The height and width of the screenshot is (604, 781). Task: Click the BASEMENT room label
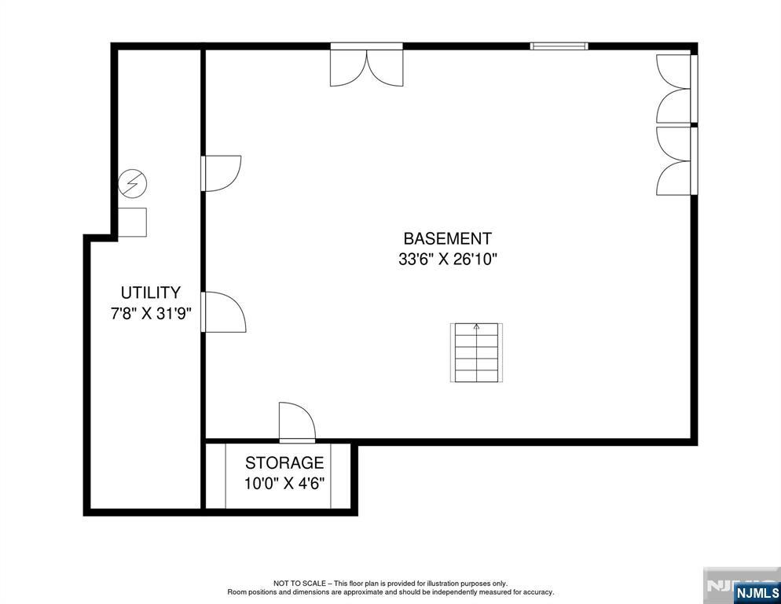tap(447, 239)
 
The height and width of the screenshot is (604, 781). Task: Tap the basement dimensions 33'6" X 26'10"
tap(448, 260)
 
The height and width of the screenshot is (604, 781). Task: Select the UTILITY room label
tap(150, 293)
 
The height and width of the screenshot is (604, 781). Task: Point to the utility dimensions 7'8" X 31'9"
tap(151, 314)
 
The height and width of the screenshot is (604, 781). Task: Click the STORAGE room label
tap(284, 463)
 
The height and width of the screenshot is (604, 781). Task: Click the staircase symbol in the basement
tap(477, 352)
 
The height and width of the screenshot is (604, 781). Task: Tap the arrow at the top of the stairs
tap(477, 327)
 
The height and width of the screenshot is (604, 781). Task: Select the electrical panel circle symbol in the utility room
tap(133, 183)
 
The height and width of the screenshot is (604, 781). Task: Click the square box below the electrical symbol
tap(132, 222)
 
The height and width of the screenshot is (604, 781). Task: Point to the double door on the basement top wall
tap(367, 64)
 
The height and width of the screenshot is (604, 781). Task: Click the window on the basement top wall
tap(559, 46)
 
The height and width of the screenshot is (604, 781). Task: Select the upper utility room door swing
tap(221, 173)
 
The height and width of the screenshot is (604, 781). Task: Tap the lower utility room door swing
tap(223, 311)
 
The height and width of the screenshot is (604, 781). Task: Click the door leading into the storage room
tap(297, 422)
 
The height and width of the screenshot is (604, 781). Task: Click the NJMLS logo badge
tap(757, 592)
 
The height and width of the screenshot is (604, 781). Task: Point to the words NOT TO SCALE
tap(299, 583)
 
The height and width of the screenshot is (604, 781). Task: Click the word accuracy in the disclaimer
tap(538, 592)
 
